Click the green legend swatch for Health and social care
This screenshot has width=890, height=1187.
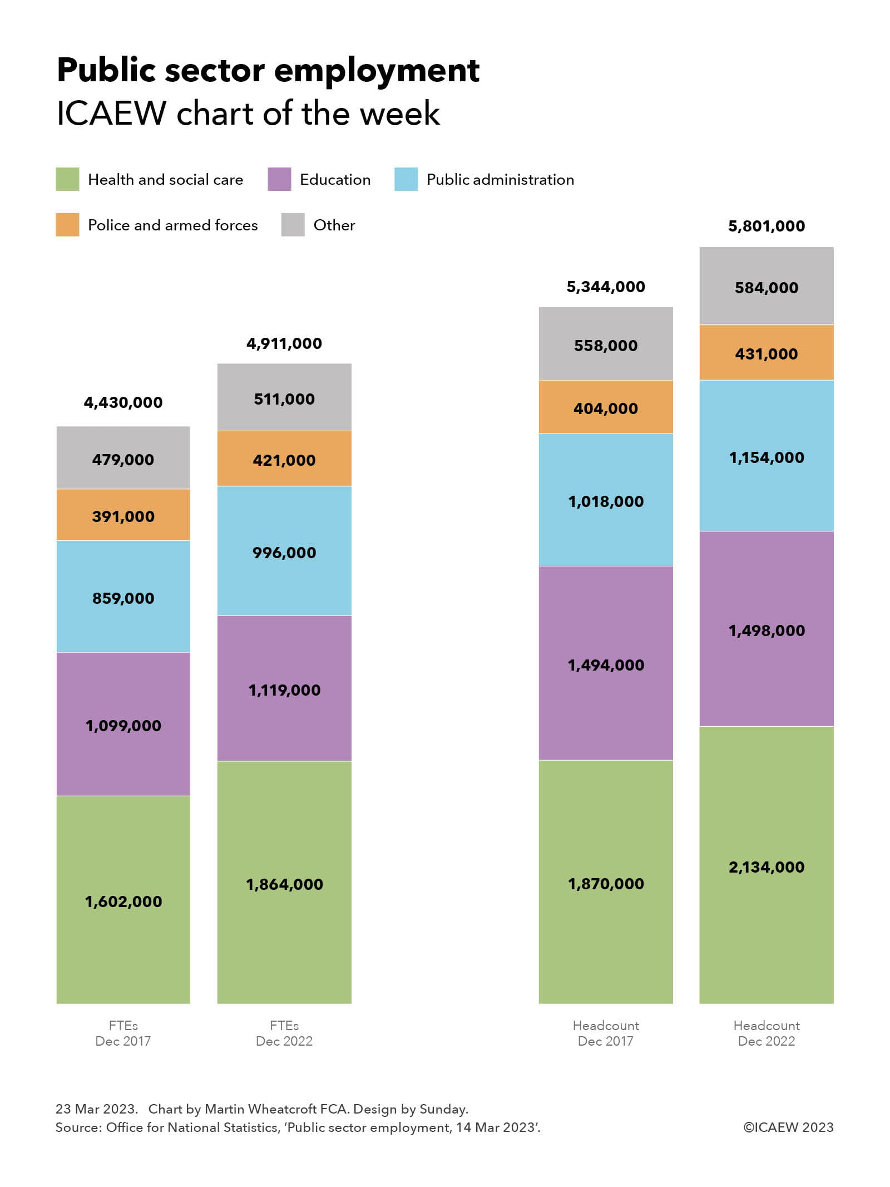point(67,179)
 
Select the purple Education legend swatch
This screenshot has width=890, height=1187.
point(279,179)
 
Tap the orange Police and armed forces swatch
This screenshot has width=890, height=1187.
point(67,225)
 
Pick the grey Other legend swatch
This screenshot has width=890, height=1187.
point(293,225)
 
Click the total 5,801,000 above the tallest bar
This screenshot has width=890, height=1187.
point(766,226)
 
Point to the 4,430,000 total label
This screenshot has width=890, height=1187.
point(123,402)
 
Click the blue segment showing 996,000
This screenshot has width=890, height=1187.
point(284,552)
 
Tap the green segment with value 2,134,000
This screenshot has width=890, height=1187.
point(766,866)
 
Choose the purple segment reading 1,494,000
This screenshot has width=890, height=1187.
point(605,664)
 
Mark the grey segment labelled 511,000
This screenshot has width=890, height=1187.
point(284,398)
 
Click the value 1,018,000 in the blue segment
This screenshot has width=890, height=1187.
point(605,501)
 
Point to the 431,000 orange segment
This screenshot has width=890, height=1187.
point(766,353)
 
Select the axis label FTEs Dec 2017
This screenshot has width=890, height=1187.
point(123,1033)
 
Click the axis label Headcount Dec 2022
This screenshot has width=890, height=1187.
point(766,1033)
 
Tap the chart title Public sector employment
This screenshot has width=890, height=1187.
point(268,71)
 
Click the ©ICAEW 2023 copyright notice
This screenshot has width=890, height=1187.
point(788,1127)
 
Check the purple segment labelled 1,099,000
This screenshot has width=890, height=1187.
point(123,725)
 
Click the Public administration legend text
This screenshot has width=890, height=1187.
point(500,179)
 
